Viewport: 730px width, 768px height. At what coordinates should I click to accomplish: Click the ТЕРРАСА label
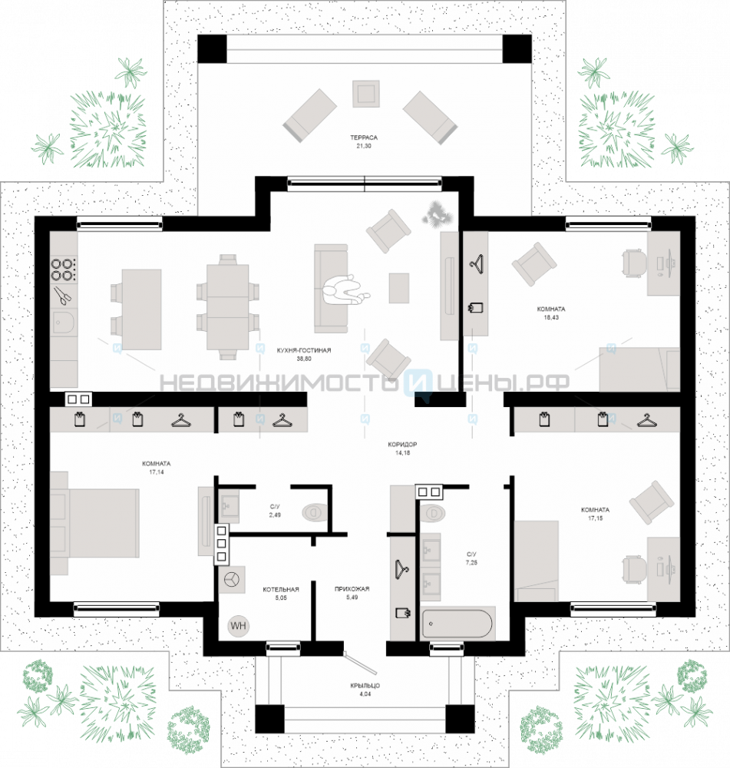coord(364,137)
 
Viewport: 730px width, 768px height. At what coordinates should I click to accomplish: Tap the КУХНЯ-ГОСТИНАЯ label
coord(303,350)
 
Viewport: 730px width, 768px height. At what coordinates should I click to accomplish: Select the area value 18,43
coord(551,317)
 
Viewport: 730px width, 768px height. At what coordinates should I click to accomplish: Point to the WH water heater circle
coord(239,625)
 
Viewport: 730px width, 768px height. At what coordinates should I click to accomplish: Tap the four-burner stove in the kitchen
coord(64,270)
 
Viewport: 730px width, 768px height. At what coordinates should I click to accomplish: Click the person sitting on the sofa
coord(345,290)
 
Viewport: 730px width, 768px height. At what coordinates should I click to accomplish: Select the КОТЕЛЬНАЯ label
coord(280,589)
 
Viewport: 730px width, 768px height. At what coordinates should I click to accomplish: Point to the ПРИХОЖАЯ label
coord(352,589)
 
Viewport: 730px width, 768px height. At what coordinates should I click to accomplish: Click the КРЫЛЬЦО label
coord(365,686)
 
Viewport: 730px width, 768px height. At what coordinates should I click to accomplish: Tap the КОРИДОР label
coord(402,445)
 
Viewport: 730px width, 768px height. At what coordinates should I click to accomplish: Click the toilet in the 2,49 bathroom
coord(315,512)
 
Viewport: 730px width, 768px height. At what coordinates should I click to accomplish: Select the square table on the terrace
coord(365,94)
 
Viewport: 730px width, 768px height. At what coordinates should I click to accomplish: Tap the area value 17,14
coord(156,472)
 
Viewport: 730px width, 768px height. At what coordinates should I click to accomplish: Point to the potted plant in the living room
coord(436,214)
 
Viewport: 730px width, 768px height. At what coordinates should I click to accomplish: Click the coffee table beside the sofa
coord(399,288)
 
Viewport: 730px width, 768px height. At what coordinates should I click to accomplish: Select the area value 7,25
coord(471,563)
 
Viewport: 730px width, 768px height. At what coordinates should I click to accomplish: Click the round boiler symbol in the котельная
coord(232,579)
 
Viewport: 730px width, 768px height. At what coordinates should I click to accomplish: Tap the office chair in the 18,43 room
coord(633,263)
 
